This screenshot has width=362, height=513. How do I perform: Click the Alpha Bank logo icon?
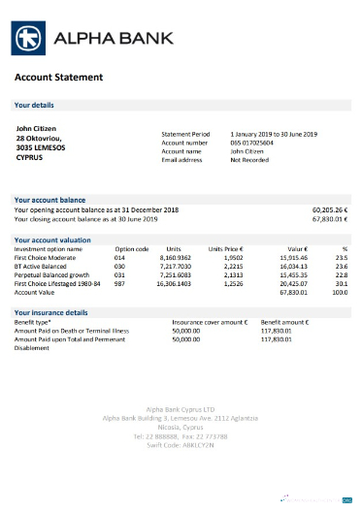click(x=28, y=40)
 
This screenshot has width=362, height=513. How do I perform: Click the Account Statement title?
click(x=57, y=77)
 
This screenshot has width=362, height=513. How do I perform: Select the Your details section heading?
click(x=34, y=104)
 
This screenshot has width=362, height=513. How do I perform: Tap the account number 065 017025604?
click(x=252, y=143)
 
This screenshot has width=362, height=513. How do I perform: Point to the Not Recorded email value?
click(x=248, y=160)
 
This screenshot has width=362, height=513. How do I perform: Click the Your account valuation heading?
click(x=52, y=238)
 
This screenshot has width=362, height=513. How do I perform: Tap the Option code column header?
click(x=131, y=249)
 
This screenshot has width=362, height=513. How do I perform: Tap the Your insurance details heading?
click(x=50, y=313)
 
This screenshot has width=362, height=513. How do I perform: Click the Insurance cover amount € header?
click(x=210, y=321)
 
